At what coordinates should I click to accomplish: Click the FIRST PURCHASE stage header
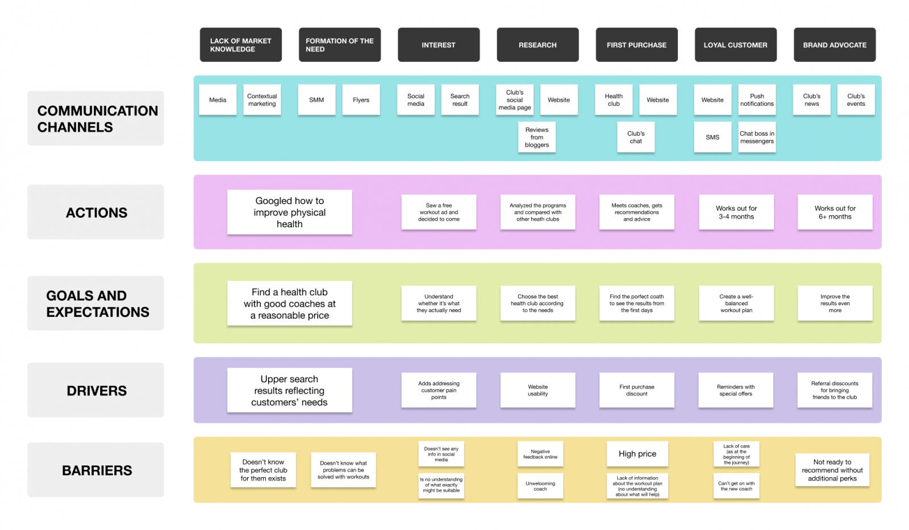636,45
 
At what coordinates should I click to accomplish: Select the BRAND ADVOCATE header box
834,45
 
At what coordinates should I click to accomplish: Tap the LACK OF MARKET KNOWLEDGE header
240,45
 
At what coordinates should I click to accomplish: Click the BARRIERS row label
96,470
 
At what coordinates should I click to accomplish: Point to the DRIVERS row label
96,391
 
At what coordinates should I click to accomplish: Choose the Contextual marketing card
262,100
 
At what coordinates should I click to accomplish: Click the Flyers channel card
361,100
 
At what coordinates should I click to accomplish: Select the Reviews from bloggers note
537,137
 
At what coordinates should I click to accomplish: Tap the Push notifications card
757,100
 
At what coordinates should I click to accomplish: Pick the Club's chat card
636,137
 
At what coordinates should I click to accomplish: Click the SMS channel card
712,137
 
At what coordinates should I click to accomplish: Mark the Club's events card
856,100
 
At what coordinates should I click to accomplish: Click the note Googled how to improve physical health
289,212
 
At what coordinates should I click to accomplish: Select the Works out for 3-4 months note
736,212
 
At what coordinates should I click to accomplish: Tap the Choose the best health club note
537,303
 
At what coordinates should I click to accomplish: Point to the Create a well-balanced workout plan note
736,303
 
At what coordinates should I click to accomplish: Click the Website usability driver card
537,390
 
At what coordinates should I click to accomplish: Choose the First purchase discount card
636,390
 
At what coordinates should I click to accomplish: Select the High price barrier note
637,454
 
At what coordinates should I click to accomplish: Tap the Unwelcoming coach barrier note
540,486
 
